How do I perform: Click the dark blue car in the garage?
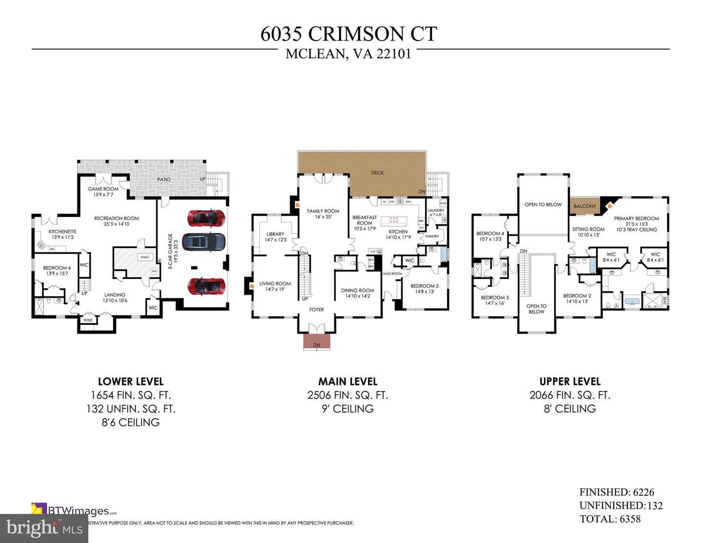(x=204, y=241)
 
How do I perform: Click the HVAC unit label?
(x=145, y=257)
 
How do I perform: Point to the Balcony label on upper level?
(x=585, y=206)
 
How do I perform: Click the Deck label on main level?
(x=377, y=173)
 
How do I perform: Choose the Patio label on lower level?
(x=164, y=180)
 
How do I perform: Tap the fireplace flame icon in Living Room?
(x=252, y=286)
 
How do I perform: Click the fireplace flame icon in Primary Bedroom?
(x=609, y=206)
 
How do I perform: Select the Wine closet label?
(x=88, y=321)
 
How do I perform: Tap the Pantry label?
(x=432, y=236)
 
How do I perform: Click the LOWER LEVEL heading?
(x=131, y=382)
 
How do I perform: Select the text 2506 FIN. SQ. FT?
(x=348, y=395)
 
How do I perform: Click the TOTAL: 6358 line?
(x=610, y=519)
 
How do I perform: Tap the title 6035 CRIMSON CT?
(x=349, y=34)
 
